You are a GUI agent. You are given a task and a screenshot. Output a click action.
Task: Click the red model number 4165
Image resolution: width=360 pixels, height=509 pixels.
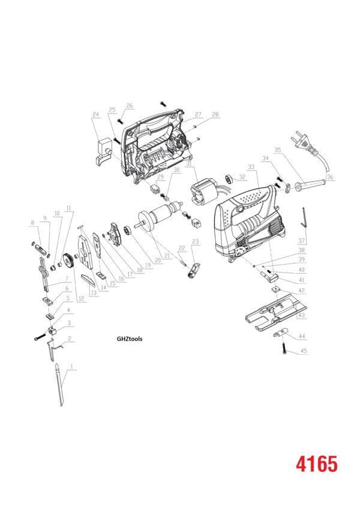tap(316, 463)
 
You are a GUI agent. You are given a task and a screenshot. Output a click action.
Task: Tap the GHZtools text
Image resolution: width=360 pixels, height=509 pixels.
tap(129, 338)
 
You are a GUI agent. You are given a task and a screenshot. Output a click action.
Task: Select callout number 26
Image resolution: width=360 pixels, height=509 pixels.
tap(128, 106)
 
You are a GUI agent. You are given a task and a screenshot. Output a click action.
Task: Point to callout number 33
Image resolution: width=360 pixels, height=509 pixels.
tap(251, 166)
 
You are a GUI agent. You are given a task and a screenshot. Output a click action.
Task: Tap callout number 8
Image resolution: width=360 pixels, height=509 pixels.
tap(32, 223)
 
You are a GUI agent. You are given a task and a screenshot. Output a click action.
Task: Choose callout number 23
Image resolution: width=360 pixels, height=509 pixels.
tap(194, 241)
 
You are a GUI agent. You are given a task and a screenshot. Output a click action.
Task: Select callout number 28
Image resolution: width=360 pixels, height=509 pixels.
tap(215, 114)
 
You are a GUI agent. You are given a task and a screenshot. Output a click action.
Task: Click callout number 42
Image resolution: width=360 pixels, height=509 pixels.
tap(302, 290)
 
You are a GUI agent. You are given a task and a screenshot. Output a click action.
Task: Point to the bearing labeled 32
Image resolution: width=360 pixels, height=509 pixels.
tap(229, 178)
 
